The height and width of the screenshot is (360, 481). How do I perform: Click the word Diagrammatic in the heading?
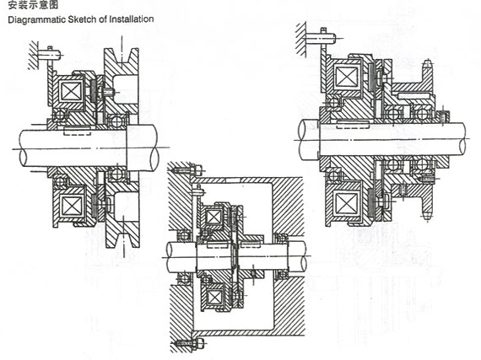(x=36, y=19)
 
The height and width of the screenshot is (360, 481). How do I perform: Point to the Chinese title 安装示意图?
(x=33, y=4)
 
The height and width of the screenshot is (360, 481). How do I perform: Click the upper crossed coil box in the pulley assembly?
(x=71, y=91)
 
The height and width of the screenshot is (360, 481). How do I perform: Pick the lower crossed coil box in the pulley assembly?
(x=72, y=205)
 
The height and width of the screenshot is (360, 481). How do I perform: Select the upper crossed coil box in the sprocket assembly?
(x=347, y=76)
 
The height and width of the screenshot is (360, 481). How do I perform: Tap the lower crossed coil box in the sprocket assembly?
(x=347, y=203)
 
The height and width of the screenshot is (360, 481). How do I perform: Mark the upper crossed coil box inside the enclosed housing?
(x=213, y=218)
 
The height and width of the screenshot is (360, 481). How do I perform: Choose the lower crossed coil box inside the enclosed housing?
(x=213, y=297)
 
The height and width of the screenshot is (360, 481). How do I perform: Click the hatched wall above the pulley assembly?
(x=33, y=55)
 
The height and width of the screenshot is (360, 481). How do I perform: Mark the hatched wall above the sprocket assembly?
(x=301, y=39)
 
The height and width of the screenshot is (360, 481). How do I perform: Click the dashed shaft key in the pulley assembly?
(x=78, y=131)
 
